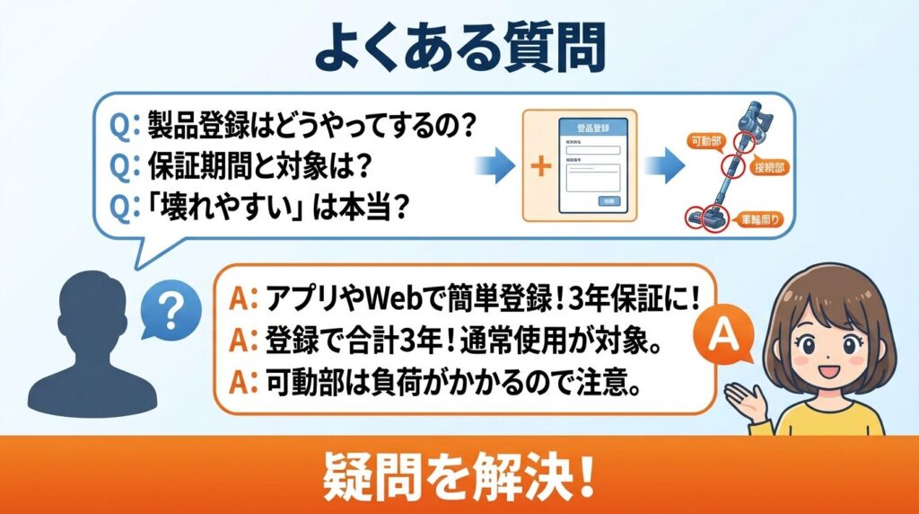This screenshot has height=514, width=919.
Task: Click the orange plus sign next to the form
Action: (x=541, y=167)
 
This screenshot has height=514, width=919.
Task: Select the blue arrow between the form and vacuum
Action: (x=661, y=167)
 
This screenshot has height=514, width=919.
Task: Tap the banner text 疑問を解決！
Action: (x=459, y=477)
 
